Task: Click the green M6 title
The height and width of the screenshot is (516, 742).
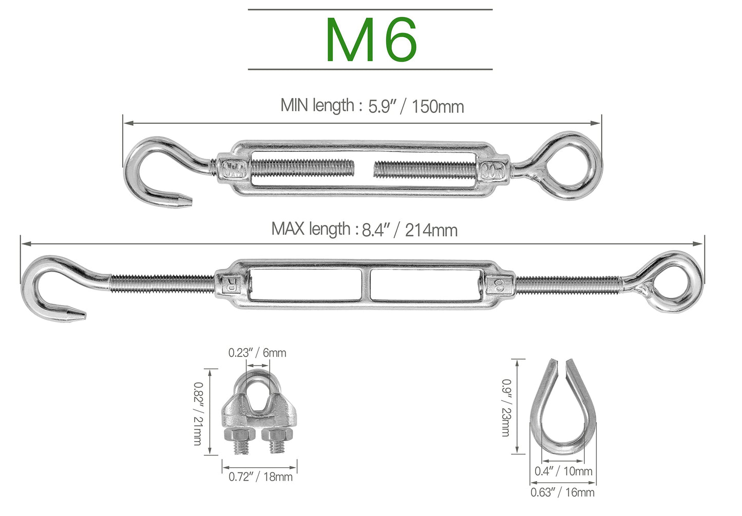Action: tap(371, 40)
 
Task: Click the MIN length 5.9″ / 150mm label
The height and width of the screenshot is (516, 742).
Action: tap(372, 106)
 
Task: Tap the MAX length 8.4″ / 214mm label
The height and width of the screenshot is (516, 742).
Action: tap(364, 229)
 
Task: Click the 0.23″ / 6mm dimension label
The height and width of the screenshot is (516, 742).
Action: tap(257, 353)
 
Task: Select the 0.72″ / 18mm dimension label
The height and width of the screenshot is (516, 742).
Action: tap(260, 477)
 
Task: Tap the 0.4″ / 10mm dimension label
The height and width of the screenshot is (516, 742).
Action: tap(563, 471)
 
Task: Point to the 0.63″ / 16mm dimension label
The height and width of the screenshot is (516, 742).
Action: tap(562, 492)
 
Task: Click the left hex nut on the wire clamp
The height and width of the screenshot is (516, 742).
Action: tap(236, 437)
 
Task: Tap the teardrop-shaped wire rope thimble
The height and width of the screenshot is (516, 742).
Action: tap(563, 411)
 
